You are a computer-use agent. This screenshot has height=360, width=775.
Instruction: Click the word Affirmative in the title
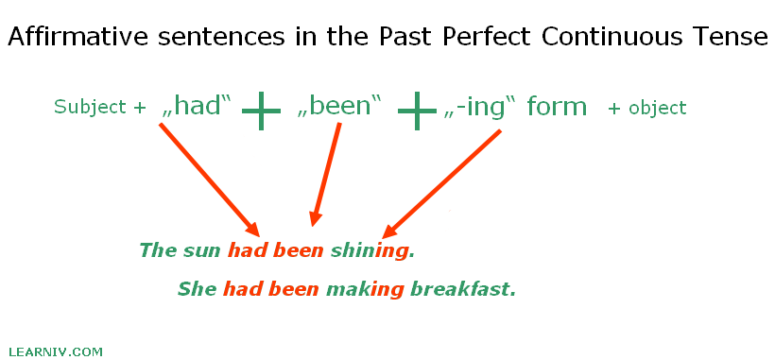pos(78,37)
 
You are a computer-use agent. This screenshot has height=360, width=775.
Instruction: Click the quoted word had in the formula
pos(197,106)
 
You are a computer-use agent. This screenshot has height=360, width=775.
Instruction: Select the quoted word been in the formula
pos(340,106)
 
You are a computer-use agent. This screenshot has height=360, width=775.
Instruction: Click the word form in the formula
pos(557,106)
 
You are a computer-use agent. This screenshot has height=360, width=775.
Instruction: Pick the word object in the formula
pos(658,108)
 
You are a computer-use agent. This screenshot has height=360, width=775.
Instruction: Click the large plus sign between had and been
pos(262,111)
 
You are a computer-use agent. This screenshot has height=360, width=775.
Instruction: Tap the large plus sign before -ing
pos(417,111)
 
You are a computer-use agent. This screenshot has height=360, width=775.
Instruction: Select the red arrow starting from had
pos(210,180)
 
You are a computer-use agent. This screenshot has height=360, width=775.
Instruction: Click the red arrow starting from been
pos(325,174)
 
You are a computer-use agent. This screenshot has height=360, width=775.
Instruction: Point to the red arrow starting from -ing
pos(442,183)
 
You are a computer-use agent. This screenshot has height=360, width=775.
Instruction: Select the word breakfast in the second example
pos(463,289)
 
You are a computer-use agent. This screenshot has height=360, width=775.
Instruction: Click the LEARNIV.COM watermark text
pos(56,352)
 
